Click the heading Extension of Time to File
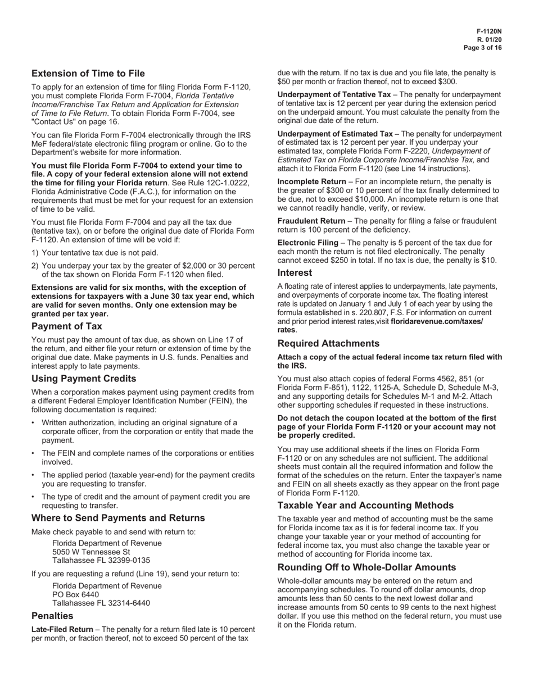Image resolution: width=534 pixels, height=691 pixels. pos(88,74)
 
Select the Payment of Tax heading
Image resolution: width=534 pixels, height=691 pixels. pos(67,326)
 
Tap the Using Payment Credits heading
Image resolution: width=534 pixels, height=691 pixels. pos(84,379)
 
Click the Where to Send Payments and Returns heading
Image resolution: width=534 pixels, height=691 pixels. pos(110,517)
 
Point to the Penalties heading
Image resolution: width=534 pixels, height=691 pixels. pos(52,616)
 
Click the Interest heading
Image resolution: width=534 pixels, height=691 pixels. pos(295,272)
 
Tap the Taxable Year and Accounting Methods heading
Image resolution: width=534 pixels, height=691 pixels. pos(365,505)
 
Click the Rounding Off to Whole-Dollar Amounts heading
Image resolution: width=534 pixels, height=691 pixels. pos(366,567)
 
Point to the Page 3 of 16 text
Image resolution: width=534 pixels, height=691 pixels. pos(483,48)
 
